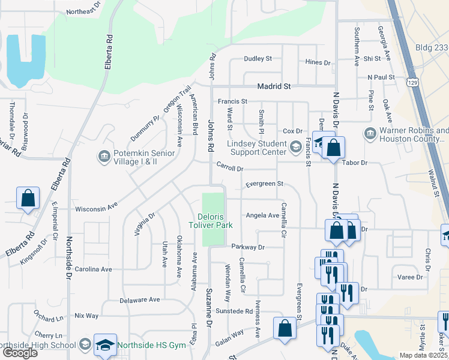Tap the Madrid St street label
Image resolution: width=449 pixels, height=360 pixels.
(274, 86)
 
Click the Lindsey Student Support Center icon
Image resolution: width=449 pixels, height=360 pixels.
(295, 146)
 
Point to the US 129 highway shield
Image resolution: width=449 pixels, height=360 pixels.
(412, 81)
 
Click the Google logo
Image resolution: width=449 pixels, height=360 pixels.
(20, 353)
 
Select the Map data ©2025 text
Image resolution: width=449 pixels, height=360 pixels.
(423, 355)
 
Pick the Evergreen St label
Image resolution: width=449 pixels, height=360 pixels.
(264, 184)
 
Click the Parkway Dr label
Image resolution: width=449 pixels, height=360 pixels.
(247, 247)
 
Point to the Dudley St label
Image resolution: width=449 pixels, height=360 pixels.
(258, 59)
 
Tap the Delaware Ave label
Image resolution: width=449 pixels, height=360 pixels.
(140, 299)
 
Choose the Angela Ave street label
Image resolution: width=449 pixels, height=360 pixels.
(262, 215)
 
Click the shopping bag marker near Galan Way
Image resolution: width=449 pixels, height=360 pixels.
(285, 328)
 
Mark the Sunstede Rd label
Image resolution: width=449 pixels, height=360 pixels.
(234, 311)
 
